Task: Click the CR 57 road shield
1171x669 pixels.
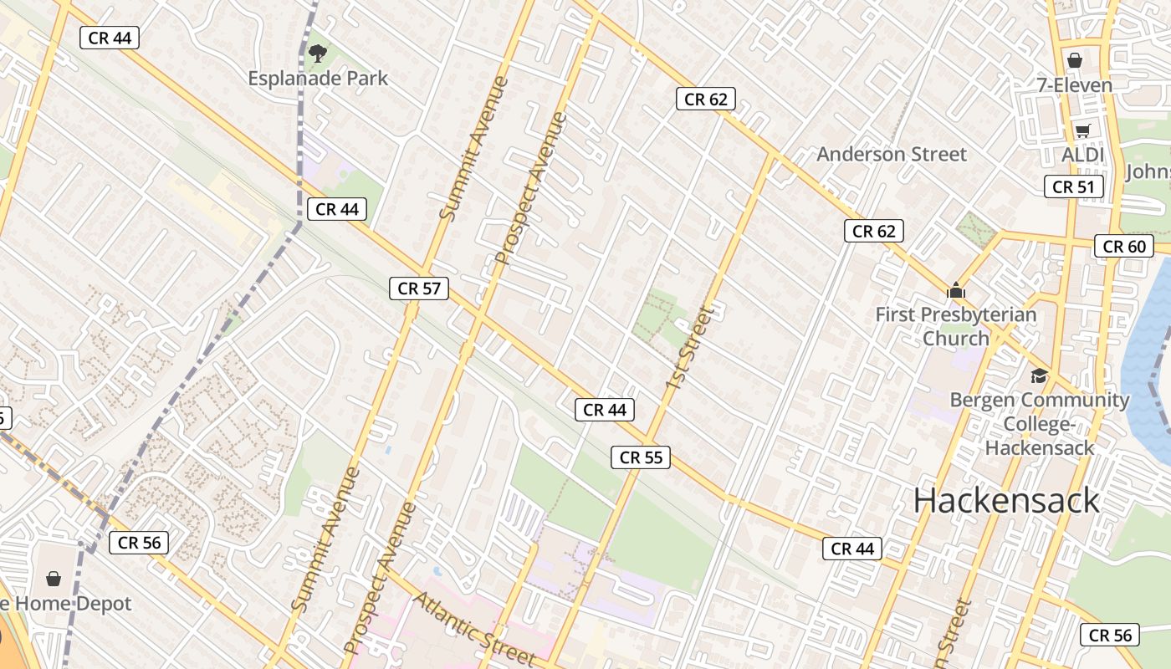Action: pyautogui.click(x=419, y=289)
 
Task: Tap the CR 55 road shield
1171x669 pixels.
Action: pyautogui.click(x=642, y=457)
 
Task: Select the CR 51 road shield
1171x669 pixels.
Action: pyautogui.click(x=1074, y=186)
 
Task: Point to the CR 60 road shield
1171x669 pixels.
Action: pyautogui.click(x=1124, y=246)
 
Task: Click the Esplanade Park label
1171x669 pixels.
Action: pyautogui.click(x=318, y=79)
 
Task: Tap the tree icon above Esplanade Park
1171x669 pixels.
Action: pyautogui.click(x=317, y=54)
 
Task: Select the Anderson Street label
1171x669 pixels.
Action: pyautogui.click(x=892, y=154)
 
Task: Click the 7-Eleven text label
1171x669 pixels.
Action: pyautogui.click(x=1075, y=85)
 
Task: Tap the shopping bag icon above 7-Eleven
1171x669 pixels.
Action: pyautogui.click(x=1075, y=60)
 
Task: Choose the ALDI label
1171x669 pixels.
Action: pyautogui.click(x=1083, y=155)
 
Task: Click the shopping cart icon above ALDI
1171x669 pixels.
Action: pyautogui.click(x=1083, y=130)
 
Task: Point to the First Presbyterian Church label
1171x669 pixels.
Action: pyautogui.click(x=956, y=326)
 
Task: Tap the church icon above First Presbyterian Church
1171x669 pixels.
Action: pyautogui.click(x=955, y=291)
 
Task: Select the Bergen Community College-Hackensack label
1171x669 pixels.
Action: pyautogui.click(x=1040, y=423)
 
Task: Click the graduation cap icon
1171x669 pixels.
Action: pyautogui.click(x=1039, y=375)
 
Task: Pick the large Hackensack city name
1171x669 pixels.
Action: pyautogui.click(x=1006, y=500)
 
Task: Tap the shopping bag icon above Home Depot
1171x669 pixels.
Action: pyautogui.click(x=54, y=579)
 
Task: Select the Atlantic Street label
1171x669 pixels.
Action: pyautogui.click(x=473, y=628)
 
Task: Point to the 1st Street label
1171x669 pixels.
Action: pyautogui.click(x=692, y=347)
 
